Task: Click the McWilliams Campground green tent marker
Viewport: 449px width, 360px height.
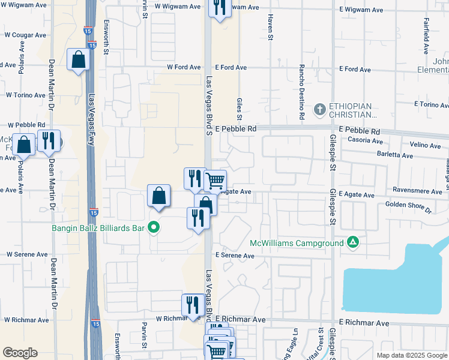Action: point(354,243)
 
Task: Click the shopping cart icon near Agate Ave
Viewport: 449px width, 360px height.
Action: point(214,180)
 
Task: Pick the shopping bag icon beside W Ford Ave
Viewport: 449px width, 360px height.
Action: point(78,59)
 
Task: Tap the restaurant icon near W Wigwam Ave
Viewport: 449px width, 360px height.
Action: point(220,7)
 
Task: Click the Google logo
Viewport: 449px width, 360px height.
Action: point(20,353)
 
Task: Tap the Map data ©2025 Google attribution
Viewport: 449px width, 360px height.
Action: point(411,355)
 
